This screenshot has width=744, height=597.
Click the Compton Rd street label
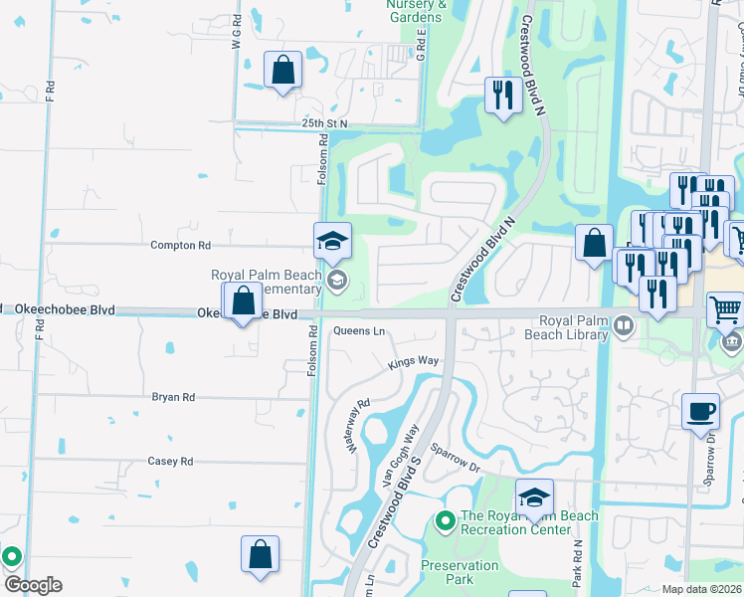(180, 245)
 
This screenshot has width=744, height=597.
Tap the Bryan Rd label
(173, 397)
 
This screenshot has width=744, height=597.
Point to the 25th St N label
(325, 123)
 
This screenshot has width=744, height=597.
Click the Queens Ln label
(358, 331)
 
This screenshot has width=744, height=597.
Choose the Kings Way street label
(414, 361)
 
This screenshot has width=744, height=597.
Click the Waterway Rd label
(357, 426)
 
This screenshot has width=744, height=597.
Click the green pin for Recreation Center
(444, 519)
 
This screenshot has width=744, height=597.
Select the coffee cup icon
(700, 410)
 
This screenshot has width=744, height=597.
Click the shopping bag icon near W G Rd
(282, 71)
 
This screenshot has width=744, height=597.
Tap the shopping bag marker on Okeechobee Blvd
(243, 300)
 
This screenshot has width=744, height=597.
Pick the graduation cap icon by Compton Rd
(332, 241)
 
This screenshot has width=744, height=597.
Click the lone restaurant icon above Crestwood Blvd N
(501, 96)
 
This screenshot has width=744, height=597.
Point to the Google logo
(33, 585)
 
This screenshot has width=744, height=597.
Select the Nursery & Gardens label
(414, 11)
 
